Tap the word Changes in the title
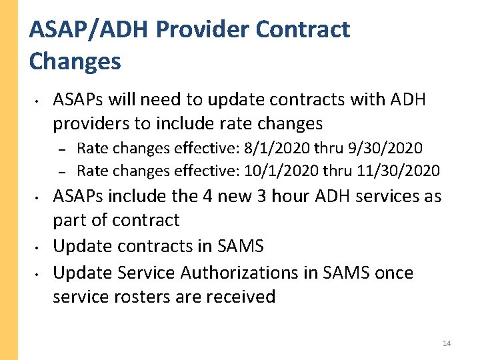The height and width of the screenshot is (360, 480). (75, 61)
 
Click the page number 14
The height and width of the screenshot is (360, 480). (446, 343)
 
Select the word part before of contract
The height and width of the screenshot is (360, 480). (70, 220)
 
